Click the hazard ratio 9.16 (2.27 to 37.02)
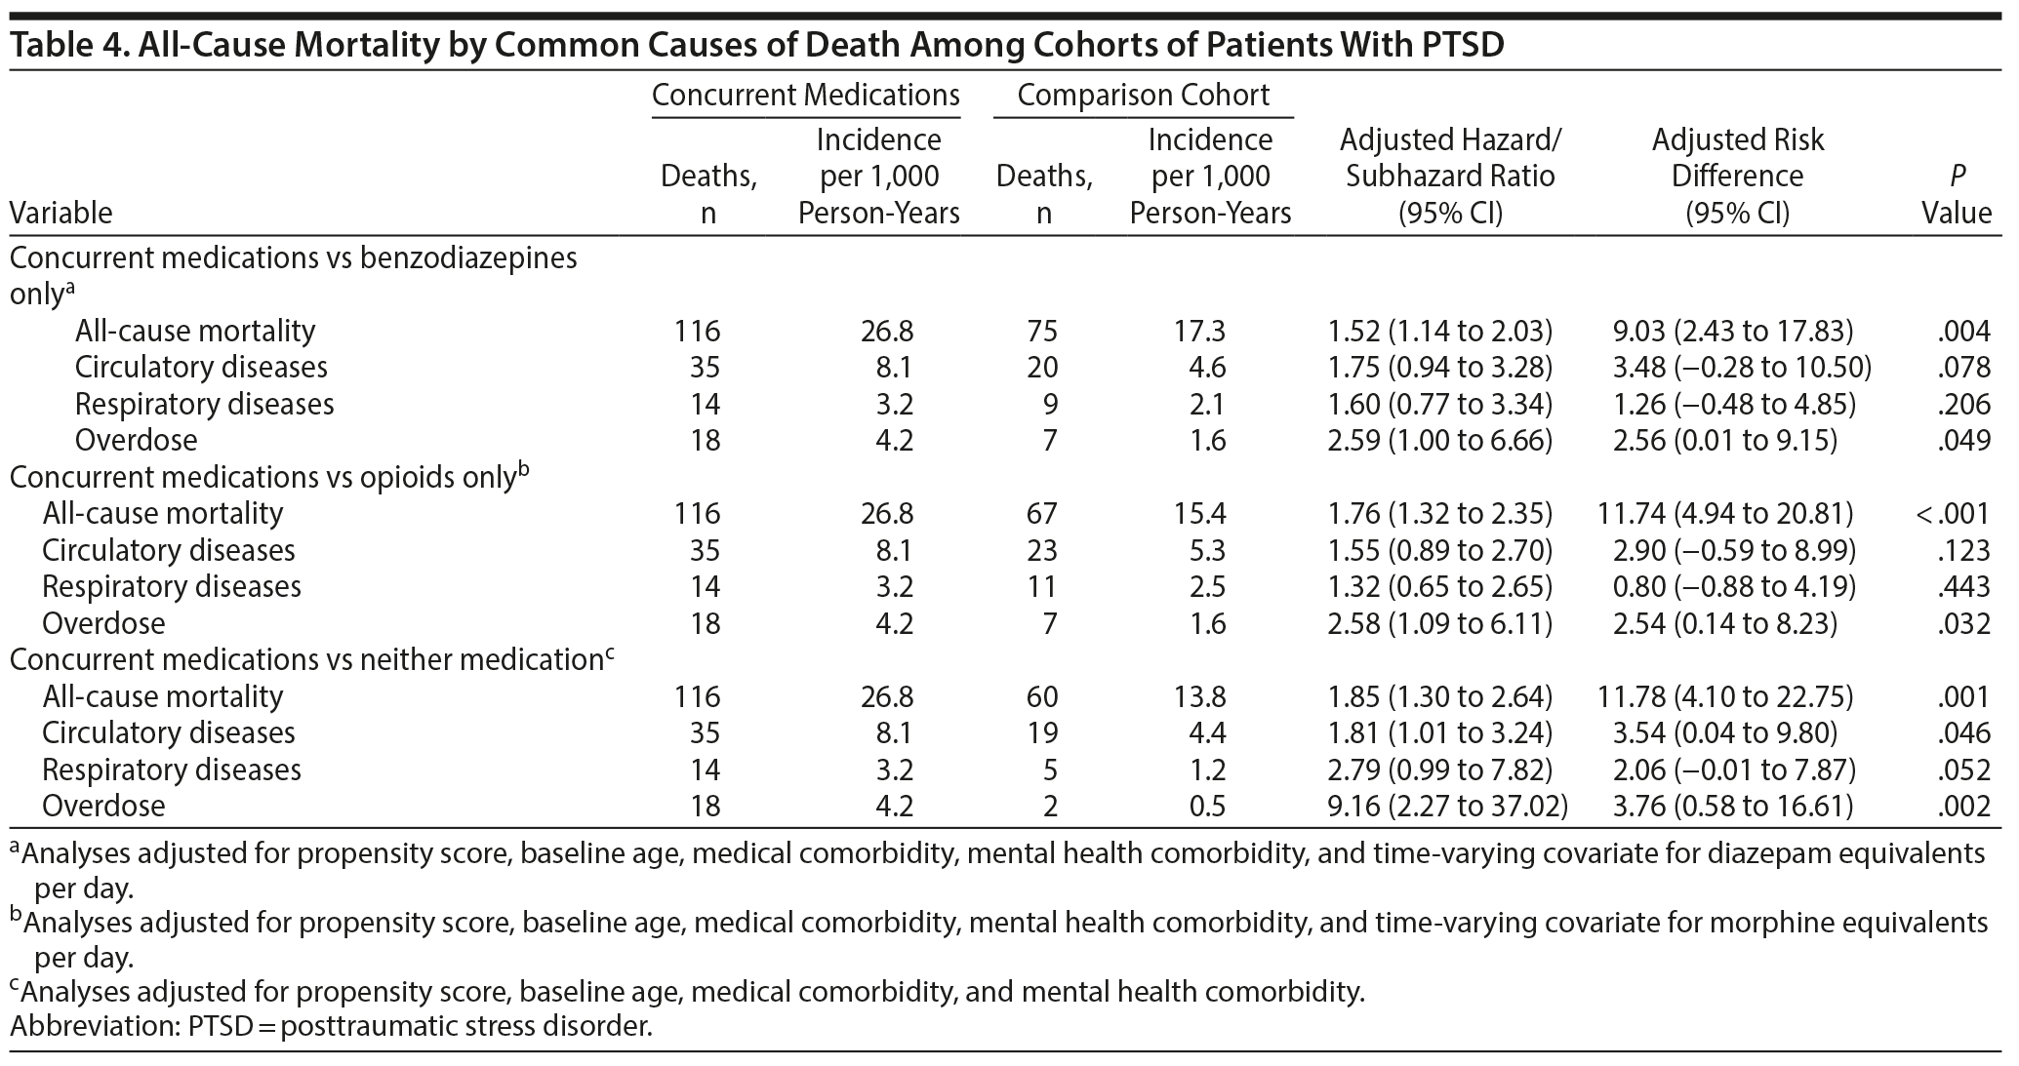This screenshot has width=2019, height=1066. tap(1447, 806)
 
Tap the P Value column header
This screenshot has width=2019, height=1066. tap(1957, 195)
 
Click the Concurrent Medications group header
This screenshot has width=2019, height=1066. tap(805, 95)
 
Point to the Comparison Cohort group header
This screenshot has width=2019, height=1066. tap(1143, 95)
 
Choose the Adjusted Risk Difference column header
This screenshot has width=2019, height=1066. tap(1737, 177)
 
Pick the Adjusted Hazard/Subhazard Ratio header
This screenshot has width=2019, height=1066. tap(1449, 177)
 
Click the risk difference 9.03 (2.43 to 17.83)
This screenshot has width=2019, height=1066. tap(1733, 331)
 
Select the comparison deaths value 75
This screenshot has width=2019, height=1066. tap(1042, 331)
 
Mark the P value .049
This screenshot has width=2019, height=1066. tap(1963, 440)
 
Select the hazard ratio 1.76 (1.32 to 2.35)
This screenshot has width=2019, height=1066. tap(1439, 513)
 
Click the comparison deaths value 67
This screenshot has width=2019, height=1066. tap(1042, 513)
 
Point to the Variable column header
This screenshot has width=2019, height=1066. tap(61, 213)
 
